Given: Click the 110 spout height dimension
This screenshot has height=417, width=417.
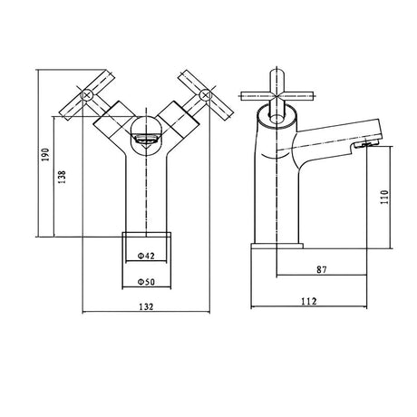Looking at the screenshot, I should pos(383,197).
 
